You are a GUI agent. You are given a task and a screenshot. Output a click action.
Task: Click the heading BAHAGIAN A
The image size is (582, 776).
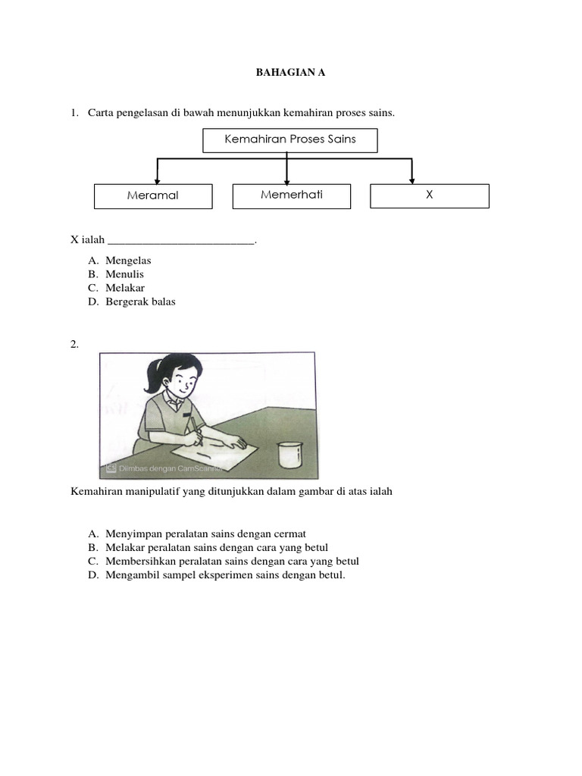tap(291, 74)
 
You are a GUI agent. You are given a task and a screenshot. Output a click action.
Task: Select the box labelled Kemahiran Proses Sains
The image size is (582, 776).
tap(290, 139)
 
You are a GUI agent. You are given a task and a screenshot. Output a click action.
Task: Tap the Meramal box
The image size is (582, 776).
tap(153, 196)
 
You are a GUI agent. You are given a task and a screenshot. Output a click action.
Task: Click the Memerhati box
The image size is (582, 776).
tap(292, 195)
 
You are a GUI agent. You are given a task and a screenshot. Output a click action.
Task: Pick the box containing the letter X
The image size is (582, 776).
tap(429, 195)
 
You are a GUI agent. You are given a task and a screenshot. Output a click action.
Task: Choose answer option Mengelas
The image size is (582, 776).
tap(128, 260)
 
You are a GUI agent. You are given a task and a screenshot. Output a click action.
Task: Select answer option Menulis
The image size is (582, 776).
tap(124, 274)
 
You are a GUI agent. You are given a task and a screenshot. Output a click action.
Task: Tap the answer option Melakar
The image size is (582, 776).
tap(125, 288)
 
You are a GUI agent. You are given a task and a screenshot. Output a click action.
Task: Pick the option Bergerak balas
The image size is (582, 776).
tap(140, 302)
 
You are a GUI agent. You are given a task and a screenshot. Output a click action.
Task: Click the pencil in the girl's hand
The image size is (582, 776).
tap(195, 425)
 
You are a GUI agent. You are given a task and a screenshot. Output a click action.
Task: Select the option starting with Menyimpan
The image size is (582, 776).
tap(205, 533)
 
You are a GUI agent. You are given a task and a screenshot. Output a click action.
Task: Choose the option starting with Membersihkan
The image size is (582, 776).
tap(232, 562)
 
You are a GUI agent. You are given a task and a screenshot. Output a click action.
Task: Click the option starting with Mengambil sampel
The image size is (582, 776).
tap(225, 575)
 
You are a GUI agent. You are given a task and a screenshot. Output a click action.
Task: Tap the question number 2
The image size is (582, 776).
tap(74, 344)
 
